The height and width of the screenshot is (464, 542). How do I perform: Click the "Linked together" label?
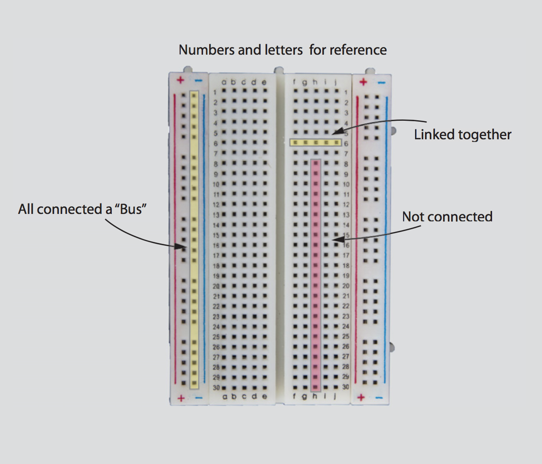(x=463, y=135)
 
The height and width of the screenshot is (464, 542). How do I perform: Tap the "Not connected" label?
(x=447, y=217)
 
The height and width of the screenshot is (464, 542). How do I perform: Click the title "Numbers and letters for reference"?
(x=282, y=50)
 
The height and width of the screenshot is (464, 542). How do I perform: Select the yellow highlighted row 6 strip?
(x=316, y=142)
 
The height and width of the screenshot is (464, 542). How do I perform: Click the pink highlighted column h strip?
(x=315, y=276)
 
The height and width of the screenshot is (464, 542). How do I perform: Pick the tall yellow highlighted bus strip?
(x=194, y=240)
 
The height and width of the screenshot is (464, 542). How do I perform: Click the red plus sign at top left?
(x=180, y=80)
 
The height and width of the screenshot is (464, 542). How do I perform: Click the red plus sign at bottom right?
(x=361, y=397)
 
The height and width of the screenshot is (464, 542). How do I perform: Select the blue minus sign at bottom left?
(x=199, y=398)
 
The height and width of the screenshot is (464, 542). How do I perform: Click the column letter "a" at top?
(x=223, y=82)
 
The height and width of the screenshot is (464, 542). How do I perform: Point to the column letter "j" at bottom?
(x=335, y=396)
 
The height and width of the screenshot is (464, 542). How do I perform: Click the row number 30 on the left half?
(x=215, y=387)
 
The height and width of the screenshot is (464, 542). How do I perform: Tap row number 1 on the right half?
(x=346, y=92)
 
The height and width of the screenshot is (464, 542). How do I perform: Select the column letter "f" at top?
(x=294, y=82)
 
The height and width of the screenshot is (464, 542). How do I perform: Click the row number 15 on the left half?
(x=215, y=235)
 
